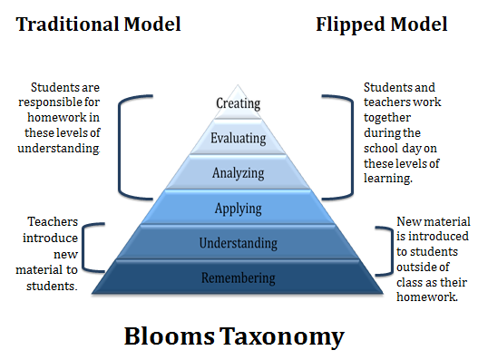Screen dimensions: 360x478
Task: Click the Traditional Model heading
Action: pyautogui.click(x=98, y=24)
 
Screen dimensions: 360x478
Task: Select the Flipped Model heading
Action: pyautogui.click(x=381, y=24)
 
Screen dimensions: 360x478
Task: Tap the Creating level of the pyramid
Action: pyautogui.click(x=238, y=103)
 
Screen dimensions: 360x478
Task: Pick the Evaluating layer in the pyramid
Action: pyautogui.click(x=238, y=139)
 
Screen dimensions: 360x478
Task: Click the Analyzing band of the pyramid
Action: pyautogui.click(x=238, y=172)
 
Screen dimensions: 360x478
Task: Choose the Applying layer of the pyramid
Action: pyautogui.click(x=238, y=209)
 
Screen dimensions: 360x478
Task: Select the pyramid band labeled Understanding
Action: pyautogui.click(x=238, y=243)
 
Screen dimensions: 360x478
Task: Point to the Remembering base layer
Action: pyautogui.click(x=238, y=277)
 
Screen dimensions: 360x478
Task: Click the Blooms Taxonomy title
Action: pyautogui.click(x=234, y=336)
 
